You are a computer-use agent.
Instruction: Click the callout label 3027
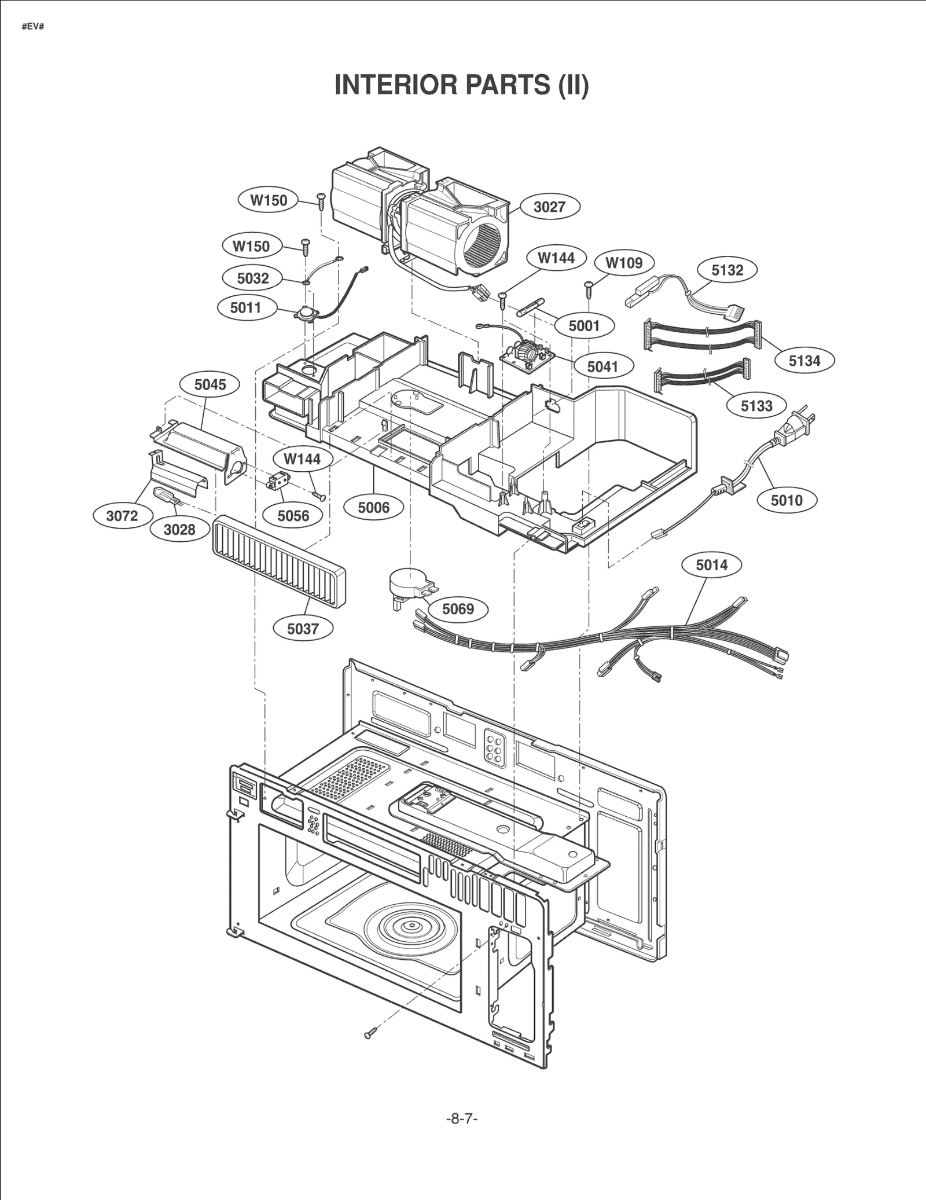click(549, 207)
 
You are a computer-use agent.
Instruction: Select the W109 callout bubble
click(624, 263)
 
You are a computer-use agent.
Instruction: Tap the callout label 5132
click(727, 270)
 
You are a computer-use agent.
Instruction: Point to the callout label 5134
click(804, 361)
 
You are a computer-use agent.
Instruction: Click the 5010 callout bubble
click(787, 500)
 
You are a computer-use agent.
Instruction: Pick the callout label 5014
click(711, 564)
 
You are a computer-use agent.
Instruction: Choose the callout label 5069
click(458, 609)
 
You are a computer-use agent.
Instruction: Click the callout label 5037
click(303, 629)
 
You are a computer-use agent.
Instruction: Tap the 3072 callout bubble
click(122, 515)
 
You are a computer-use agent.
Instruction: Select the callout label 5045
click(210, 384)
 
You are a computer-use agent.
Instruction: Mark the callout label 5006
click(373, 508)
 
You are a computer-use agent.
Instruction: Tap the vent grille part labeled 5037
click(279, 560)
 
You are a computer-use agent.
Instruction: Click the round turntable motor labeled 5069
click(407, 581)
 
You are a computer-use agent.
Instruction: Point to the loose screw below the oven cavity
click(371, 1033)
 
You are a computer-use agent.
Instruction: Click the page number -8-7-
click(462, 1118)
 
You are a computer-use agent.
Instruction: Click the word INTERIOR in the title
click(396, 85)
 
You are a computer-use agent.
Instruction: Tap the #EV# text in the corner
click(33, 27)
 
